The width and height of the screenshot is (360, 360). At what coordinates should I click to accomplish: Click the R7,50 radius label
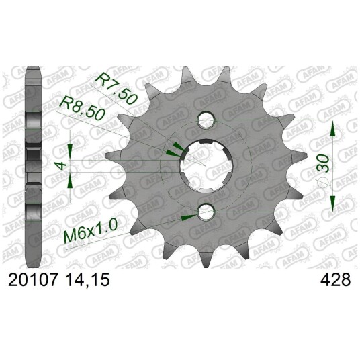click(116, 88)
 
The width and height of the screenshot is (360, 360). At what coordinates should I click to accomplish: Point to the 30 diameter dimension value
click(324, 163)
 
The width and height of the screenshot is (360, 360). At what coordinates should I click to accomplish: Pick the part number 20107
click(33, 280)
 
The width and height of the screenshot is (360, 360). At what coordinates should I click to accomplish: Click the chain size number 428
click(336, 280)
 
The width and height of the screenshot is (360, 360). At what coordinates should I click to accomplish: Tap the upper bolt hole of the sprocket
click(206, 120)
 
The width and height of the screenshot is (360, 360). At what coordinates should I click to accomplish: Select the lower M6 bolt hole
click(206, 212)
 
